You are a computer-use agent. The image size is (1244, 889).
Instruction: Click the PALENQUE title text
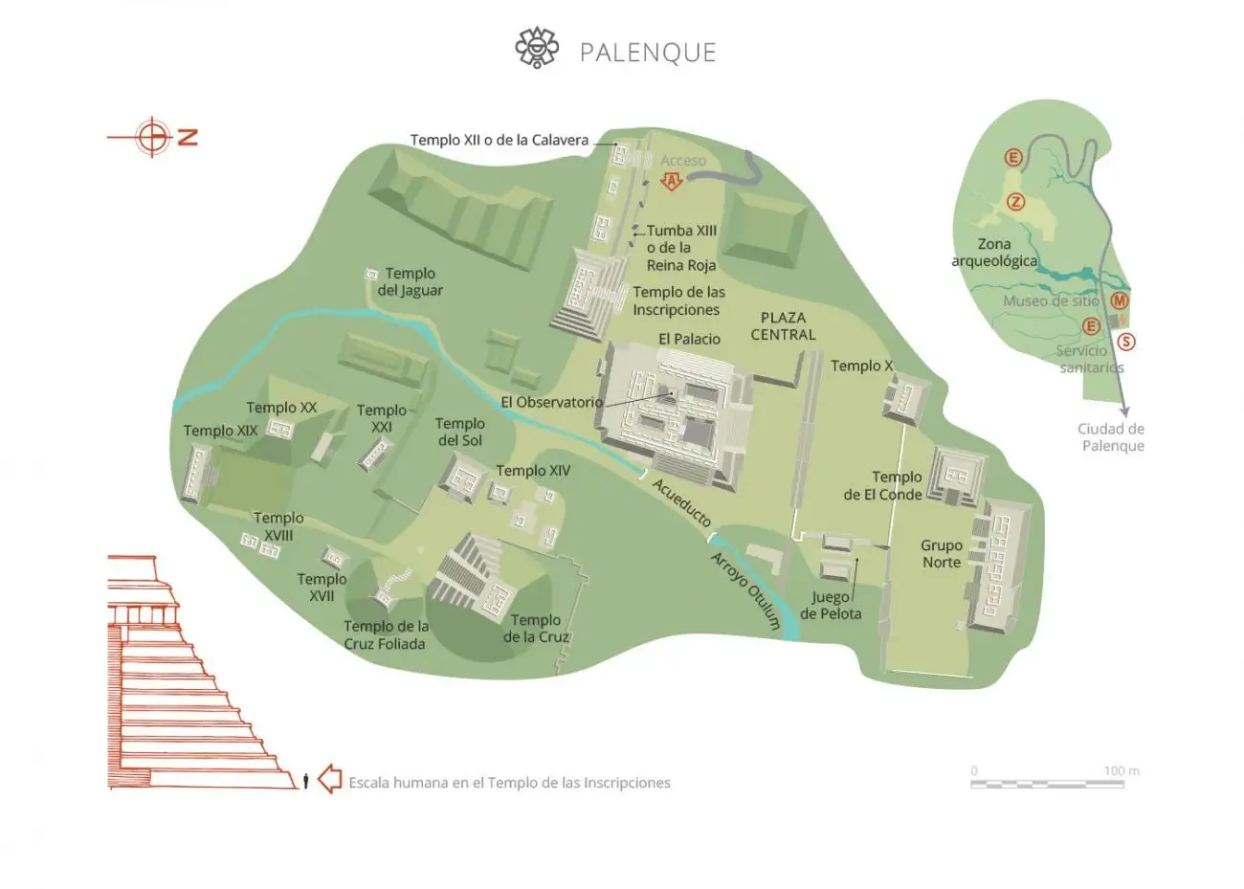648,52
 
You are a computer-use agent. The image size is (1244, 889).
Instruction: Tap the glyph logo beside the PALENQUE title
537,48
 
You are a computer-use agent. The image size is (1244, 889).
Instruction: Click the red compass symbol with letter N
153,137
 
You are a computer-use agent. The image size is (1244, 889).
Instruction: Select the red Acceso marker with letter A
672,180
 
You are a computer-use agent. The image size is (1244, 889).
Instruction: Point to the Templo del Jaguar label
411,281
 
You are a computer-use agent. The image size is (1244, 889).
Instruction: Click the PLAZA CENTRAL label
783,326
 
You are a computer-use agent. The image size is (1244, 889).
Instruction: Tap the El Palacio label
689,339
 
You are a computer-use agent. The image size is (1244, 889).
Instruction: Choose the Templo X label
861,366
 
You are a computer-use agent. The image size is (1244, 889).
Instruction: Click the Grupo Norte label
941,553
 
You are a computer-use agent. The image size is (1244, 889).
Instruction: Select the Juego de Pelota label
831,605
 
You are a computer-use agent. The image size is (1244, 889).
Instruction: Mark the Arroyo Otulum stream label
745,590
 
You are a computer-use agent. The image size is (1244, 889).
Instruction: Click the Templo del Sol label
459,432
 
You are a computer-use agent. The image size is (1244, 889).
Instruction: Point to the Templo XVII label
322,587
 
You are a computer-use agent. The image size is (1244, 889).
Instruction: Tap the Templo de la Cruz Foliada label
386,634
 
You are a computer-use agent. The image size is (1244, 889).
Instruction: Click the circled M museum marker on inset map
1119,301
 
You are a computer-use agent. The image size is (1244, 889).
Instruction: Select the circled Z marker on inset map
1015,202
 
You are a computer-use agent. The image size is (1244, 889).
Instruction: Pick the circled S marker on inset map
1126,342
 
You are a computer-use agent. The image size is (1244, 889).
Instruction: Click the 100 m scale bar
1047,783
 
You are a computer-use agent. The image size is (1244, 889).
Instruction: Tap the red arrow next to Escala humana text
329,779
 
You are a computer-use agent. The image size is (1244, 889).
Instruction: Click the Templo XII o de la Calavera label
500,140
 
